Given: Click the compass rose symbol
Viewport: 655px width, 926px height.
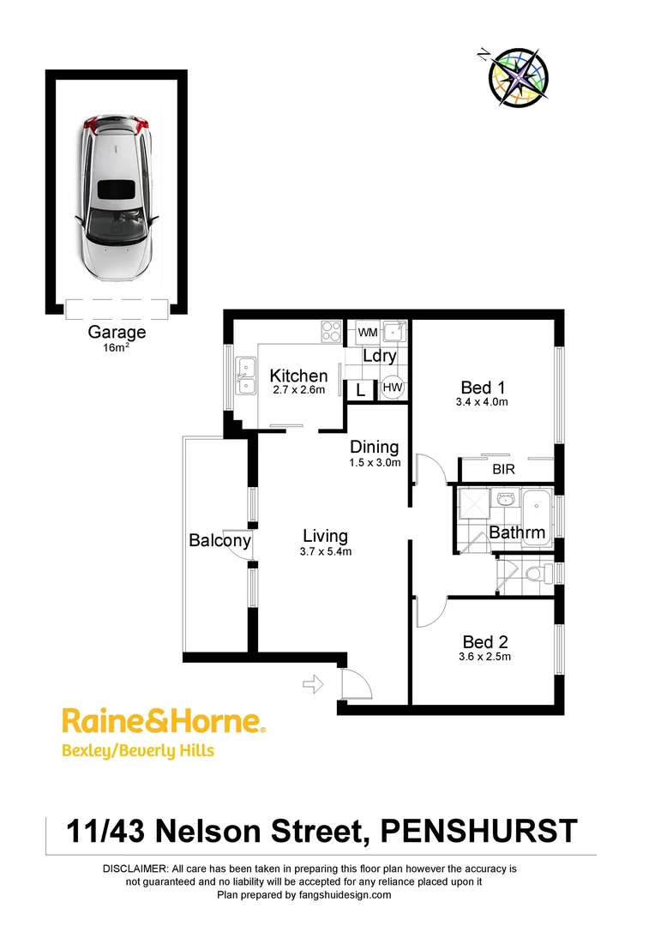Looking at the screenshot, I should (x=518, y=76).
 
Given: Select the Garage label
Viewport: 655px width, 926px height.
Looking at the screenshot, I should (x=117, y=333).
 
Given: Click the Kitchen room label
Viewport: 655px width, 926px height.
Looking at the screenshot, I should (x=298, y=376).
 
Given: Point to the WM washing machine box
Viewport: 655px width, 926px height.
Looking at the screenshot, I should (x=367, y=332).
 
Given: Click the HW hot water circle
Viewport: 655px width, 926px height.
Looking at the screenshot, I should (x=393, y=388).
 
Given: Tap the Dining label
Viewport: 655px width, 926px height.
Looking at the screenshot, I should (x=375, y=447).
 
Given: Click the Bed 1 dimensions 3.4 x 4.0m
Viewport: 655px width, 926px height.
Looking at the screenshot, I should (x=484, y=401).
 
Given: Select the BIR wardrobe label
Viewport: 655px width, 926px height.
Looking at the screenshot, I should (x=503, y=470).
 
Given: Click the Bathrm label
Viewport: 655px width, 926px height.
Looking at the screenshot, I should (x=517, y=532).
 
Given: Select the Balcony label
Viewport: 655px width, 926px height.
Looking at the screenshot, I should (x=219, y=540).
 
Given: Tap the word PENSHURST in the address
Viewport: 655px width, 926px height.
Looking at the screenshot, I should (x=478, y=831).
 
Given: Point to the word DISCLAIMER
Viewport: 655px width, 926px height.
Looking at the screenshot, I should (x=135, y=869).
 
